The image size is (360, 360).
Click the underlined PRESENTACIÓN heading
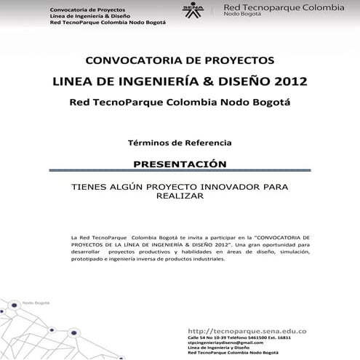[180, 164]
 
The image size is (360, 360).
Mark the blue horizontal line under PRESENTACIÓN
[180, 172]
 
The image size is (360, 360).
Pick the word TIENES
[88, 187]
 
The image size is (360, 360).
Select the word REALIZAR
[180, 196]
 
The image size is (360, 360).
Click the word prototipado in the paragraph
[88, 259]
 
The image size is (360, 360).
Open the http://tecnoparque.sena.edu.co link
[247, 331]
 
